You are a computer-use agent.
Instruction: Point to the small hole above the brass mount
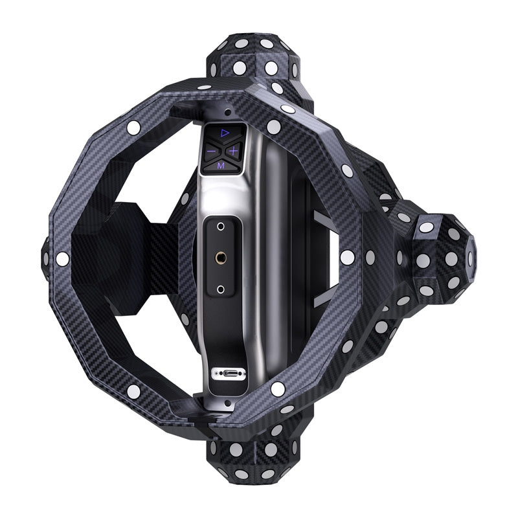221,227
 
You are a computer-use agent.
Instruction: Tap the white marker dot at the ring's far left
62,259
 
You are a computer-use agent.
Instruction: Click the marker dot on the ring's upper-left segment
134,128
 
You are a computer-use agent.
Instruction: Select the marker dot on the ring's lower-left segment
134,391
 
